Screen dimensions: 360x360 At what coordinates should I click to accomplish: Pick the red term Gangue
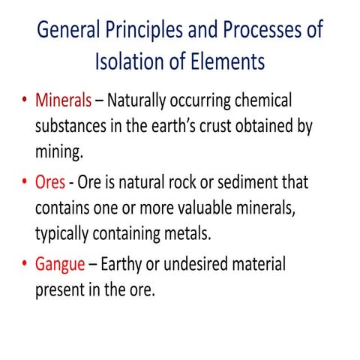pyautogui.click(x=61, y=265)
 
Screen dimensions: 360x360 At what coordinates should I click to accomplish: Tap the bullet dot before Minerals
pyautogui.click(x=25, y=100)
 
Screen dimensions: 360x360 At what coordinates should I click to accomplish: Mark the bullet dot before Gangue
pyautogui.click(x=25, y=265)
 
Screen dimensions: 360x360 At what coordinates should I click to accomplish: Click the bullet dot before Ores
pyautogui.click(x=25, y=183)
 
